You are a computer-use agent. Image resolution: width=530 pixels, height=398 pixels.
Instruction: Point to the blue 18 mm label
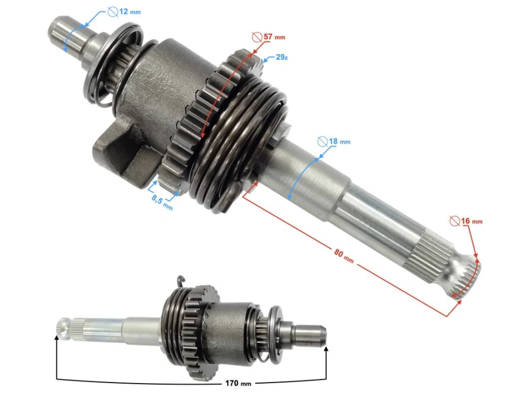click(340, 142)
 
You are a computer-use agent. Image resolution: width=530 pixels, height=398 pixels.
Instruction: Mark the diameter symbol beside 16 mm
click(454, 221)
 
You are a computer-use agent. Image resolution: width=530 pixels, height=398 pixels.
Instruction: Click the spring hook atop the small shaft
click(179, 281)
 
